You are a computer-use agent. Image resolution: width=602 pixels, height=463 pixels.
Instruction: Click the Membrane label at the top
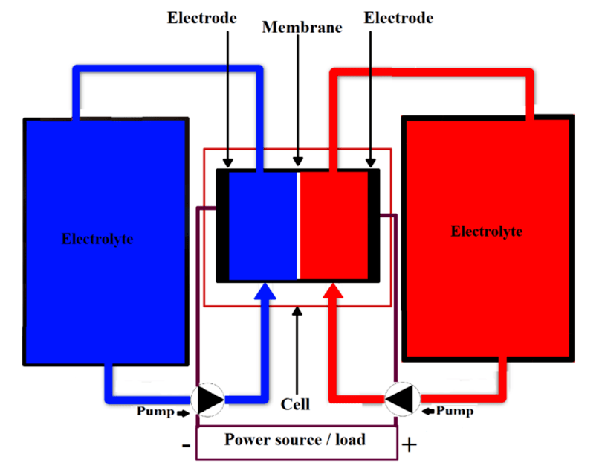[x=302, y=28]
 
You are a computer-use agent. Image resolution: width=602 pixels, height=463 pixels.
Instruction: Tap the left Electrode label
[x=202, y=17]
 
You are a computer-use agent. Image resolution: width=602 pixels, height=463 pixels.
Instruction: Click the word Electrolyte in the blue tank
[x=97, y=240]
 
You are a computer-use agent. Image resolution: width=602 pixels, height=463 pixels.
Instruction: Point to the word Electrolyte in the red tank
[x=487, y=231]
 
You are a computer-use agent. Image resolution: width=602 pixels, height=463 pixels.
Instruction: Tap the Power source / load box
[x=295, y=439]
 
